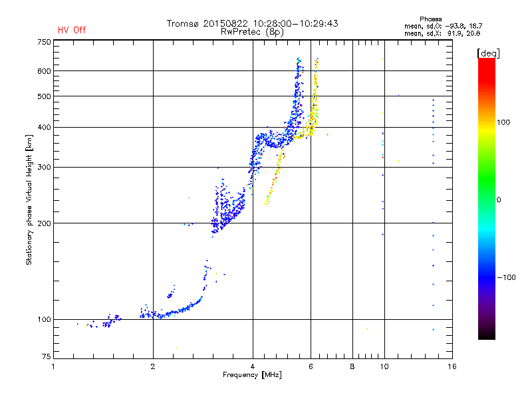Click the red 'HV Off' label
click(x=71, y=30)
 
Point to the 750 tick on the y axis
click(x=43, y=41)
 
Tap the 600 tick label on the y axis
click(x=43, y=70)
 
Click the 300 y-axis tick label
click(x=43, y=167)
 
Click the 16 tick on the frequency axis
click(x=452, y=366)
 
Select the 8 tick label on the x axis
click(x=352, y=366)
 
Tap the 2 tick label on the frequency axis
click(x=153, y=366)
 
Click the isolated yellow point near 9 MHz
click(x=367, y=329)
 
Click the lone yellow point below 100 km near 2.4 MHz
click(x=177, y=348)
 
